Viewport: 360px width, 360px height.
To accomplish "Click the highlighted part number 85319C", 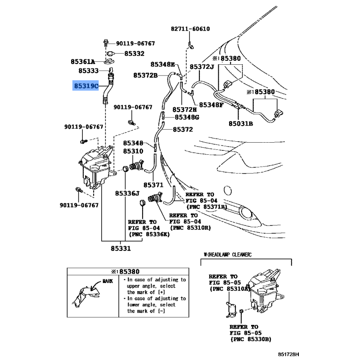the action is [x=86, y=86].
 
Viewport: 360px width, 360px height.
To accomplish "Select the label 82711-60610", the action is [x=190, y=29].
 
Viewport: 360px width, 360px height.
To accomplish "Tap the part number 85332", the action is [x=134, y=54].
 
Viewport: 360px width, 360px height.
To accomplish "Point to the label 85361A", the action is [x=83, y=62].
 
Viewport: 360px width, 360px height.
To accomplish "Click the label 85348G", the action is [x=187, y=117].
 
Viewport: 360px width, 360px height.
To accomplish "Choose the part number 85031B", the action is [x=241, y=124].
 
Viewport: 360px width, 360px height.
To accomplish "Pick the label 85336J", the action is [x=127, y=193].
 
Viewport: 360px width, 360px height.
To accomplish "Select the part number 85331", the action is [x=121, y=248].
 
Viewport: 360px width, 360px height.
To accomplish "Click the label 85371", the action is [x=153, y=185].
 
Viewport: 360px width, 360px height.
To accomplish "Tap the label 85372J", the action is [x=202, y=67].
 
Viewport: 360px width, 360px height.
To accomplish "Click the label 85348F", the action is [x=211, y=105].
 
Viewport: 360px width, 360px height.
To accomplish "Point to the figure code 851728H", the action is [x=288, y=355].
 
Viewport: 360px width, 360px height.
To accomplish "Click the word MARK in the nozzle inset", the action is [x=108, y=281].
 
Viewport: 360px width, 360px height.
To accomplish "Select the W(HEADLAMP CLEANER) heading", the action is [x=228, y=255].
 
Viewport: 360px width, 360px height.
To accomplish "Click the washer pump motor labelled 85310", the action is [x=137, y=166].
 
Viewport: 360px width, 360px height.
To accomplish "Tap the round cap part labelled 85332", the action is [x=111, y=54].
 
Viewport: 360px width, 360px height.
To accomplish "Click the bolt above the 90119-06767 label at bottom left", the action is [x=79, y=190].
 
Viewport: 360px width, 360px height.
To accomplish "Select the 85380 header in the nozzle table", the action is [x=126, y=272].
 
